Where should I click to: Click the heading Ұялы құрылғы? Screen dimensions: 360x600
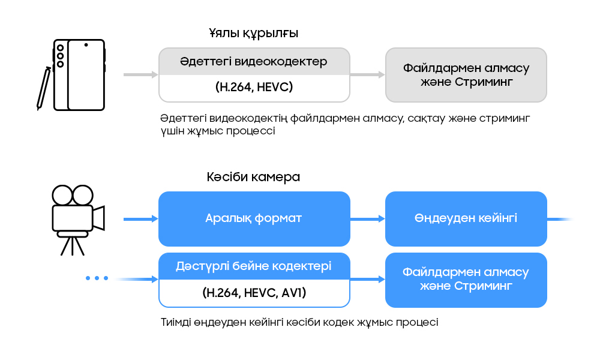[x=253, y=33]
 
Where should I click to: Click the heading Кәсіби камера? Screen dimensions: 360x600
[x=253, y=178]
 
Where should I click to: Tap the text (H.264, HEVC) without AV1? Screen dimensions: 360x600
[x=253, y=88]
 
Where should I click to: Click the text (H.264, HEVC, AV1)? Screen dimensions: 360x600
[x=253, y=293]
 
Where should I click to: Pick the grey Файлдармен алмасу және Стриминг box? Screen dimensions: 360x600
[x=466, y=75]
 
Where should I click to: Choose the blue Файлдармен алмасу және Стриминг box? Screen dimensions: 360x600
[x=466, y=280]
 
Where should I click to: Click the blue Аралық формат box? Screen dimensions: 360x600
[x=253, y=218]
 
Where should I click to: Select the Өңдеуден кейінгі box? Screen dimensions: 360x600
[x=466, y=218]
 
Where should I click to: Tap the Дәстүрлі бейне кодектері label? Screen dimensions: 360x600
[x=253, y=266]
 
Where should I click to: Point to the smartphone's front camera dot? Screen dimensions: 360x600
[x=86, y=45]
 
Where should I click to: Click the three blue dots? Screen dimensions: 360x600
[x=97, y=278]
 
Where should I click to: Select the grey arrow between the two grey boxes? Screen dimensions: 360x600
[x=367, y=75]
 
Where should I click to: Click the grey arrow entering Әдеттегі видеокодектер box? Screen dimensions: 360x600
[x=140, y=75]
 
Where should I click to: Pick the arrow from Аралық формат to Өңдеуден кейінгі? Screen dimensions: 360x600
[x=367, y=220]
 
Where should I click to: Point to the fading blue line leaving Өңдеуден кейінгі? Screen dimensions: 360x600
[x=560, y=220]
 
